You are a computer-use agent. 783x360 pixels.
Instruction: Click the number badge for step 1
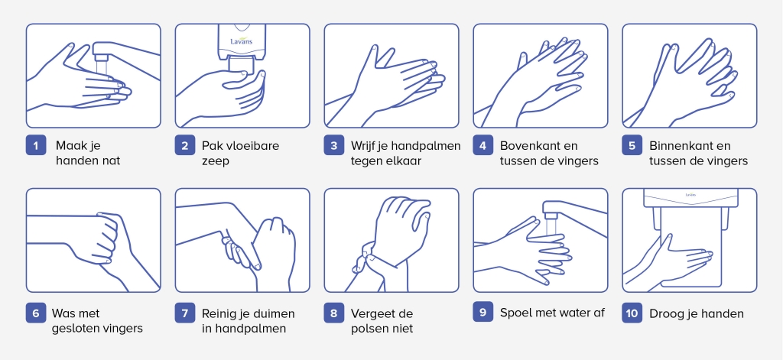click(x=36, y=145)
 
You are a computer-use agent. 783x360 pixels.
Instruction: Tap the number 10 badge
click(x=632, y=313)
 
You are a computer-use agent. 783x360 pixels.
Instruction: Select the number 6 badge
click(x=36, y=313)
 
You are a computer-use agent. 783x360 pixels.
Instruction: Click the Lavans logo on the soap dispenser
click(x=241, y=41)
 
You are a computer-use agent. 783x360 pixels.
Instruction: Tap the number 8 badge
click(x=334, y=313)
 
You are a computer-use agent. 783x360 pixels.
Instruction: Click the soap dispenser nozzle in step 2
click(x=242, y=65)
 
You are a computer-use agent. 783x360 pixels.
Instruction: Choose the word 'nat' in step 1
click(x=112, y=161)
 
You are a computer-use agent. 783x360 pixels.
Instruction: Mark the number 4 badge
click(x=483, y=145)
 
